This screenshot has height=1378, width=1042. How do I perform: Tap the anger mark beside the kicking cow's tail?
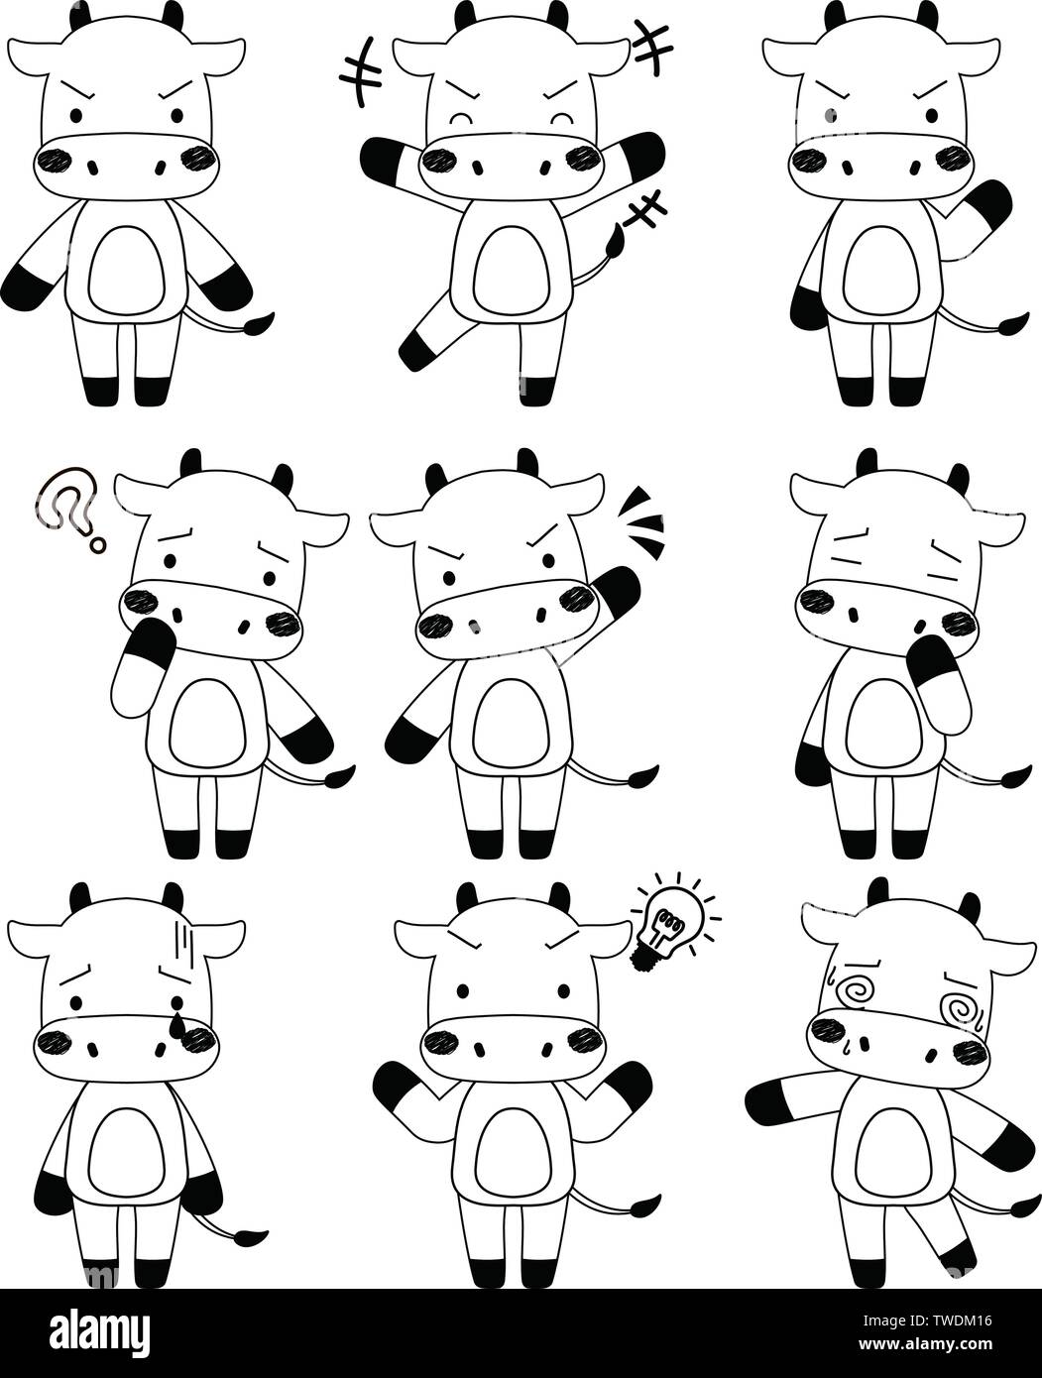(x=648, y=209)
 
